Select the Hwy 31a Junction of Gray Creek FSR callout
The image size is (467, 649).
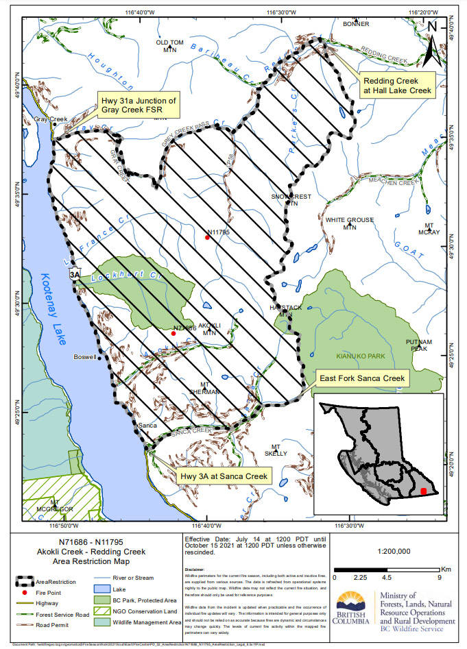(139, 105)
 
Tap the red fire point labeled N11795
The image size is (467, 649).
(206, 238)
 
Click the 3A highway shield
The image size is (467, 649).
(75, 274)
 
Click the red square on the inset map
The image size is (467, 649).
(423, 491)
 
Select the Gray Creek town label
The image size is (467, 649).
(51, 119)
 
